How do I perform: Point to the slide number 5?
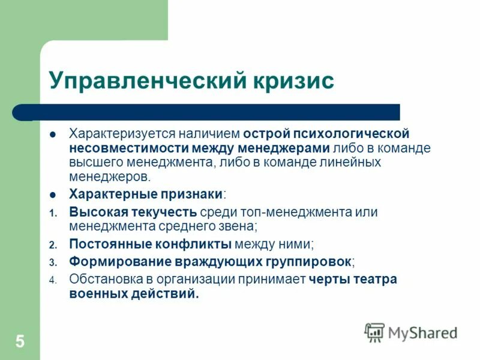click(x=20, y=342)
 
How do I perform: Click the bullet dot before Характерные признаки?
click(x=53, y=194)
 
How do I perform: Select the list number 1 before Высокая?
click(x=52, y=213)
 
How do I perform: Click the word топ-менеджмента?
click(x=296, y=212)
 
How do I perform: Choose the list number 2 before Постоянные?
click(x=52, y=245)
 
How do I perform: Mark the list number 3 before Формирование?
click(x=52, y=262)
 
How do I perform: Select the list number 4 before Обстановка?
click(x=52, y=280)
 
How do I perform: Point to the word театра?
click(x=375, y=279)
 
